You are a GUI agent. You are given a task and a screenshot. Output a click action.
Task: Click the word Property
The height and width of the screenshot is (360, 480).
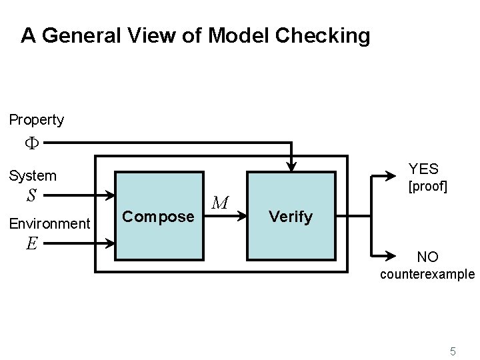pyautogui.click(x=37, y=120)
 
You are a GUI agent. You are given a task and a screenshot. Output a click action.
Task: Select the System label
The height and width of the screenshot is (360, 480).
pyautogui.click(x=32, y=176)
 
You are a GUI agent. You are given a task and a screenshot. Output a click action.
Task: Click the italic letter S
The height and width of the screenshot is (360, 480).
pyautogui.click(x=31, y=197)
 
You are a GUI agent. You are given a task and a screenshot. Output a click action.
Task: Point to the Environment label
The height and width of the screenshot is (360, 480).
pyautogui.click(x=49, y=223)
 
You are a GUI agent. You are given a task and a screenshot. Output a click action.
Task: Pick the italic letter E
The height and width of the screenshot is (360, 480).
pyautogui.click(x=31, y=244)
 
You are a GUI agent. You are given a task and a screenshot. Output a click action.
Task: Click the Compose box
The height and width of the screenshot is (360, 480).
pyautogui.click(x=159, y=215)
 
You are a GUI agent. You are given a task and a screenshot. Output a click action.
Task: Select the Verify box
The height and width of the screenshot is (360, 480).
pyautogui.click(x=291, y=215)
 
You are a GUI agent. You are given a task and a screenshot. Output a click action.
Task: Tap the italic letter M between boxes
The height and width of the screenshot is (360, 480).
pyautogui.click(x=222, y=201)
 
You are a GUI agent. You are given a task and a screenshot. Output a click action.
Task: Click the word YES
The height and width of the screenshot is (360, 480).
pyautogui.click(x=423, y=169)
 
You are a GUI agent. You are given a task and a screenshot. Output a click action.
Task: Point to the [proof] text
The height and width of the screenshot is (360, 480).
pyautogui.click(x=427, y=186)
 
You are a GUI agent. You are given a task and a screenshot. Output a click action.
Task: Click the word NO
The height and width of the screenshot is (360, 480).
pyautogui.click(x=427, y=256)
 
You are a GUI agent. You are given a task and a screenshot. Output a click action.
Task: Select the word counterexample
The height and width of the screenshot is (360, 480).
pyautogui.click(x=427, y=274)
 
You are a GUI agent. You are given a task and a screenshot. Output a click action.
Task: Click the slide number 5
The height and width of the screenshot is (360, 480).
pyautogui.click(x=453, y=351)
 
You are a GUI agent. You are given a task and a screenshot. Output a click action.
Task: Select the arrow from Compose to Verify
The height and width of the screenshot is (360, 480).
pyautogui.click(x=225, y=215)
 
